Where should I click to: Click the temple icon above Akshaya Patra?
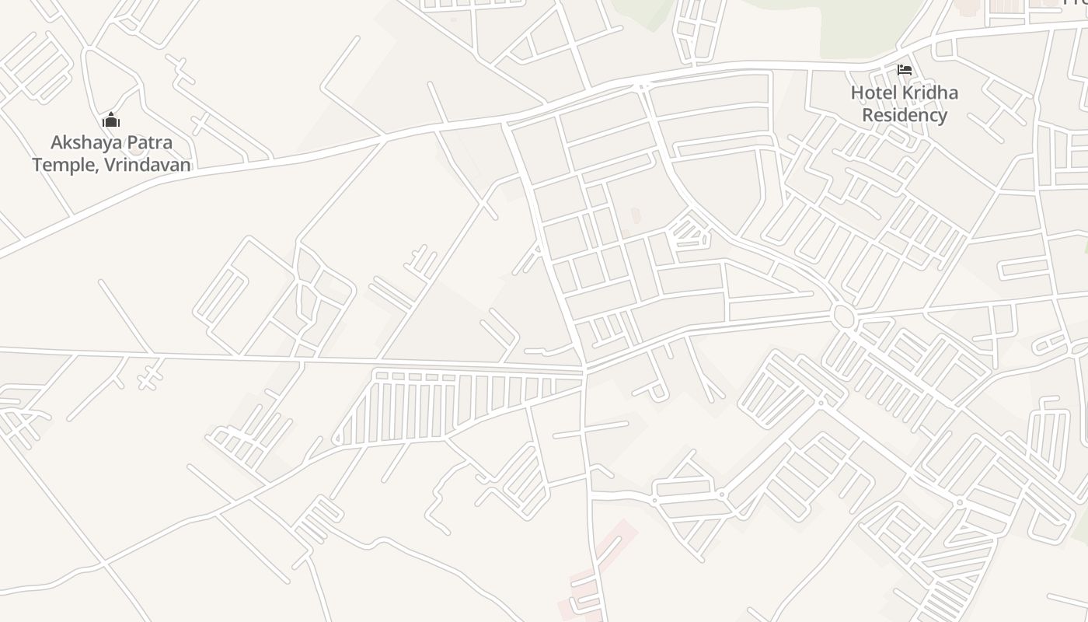tap(111, 121)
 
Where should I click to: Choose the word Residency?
tap(905, 116)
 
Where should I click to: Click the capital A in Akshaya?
tap(57, 143)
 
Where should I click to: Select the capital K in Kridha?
tap(908, 93)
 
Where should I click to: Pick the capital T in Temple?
tap(37, 165)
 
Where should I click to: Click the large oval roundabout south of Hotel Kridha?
tap(842, 316)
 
